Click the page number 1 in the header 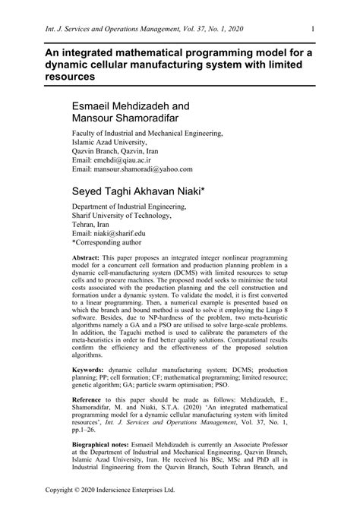(313, 30)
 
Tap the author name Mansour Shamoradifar (130, 118)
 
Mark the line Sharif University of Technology (133, 213)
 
